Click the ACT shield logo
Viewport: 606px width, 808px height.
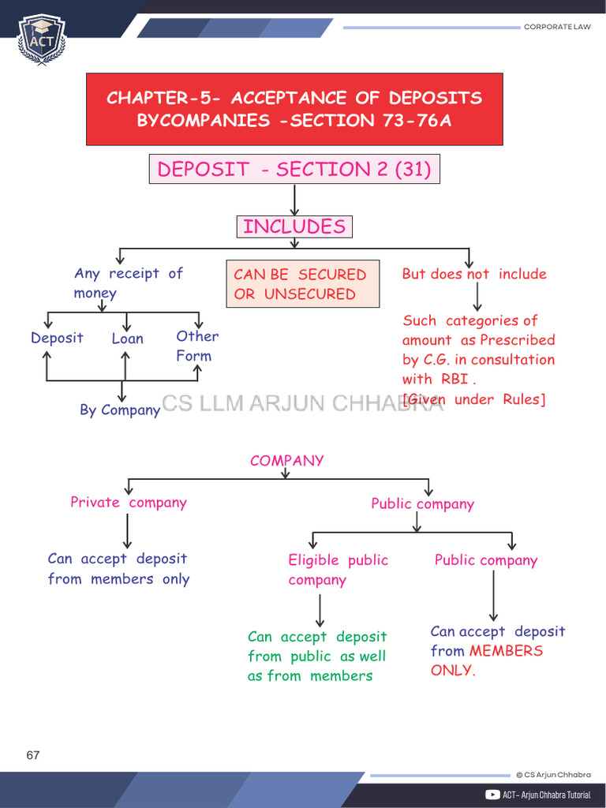click(42, 39)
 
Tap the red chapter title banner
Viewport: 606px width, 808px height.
click(294, 109)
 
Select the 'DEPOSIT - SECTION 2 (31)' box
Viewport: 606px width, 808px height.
click(294, 170)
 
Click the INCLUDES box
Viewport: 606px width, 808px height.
click(294, 227)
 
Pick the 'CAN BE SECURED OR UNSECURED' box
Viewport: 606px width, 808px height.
click(302, 284)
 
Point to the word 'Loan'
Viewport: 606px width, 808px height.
click(127, 339)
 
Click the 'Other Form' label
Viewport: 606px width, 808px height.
click(196, 346)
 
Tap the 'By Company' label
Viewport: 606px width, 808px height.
click(120, 410)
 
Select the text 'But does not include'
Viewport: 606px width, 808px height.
click(473, 274)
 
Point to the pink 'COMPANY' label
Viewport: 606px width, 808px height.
click(286, 461)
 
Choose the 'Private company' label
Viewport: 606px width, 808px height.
click(129, 503)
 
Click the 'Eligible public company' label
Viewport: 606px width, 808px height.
click(338, 570)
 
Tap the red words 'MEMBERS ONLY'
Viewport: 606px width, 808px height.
click(486, 660)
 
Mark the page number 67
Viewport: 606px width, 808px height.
click(32, 755)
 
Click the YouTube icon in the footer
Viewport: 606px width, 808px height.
click(492, 795)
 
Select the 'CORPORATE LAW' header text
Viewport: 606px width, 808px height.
click(557, 27)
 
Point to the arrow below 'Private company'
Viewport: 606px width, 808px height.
click(127, 530)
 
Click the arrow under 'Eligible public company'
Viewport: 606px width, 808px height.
click(320, 610)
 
